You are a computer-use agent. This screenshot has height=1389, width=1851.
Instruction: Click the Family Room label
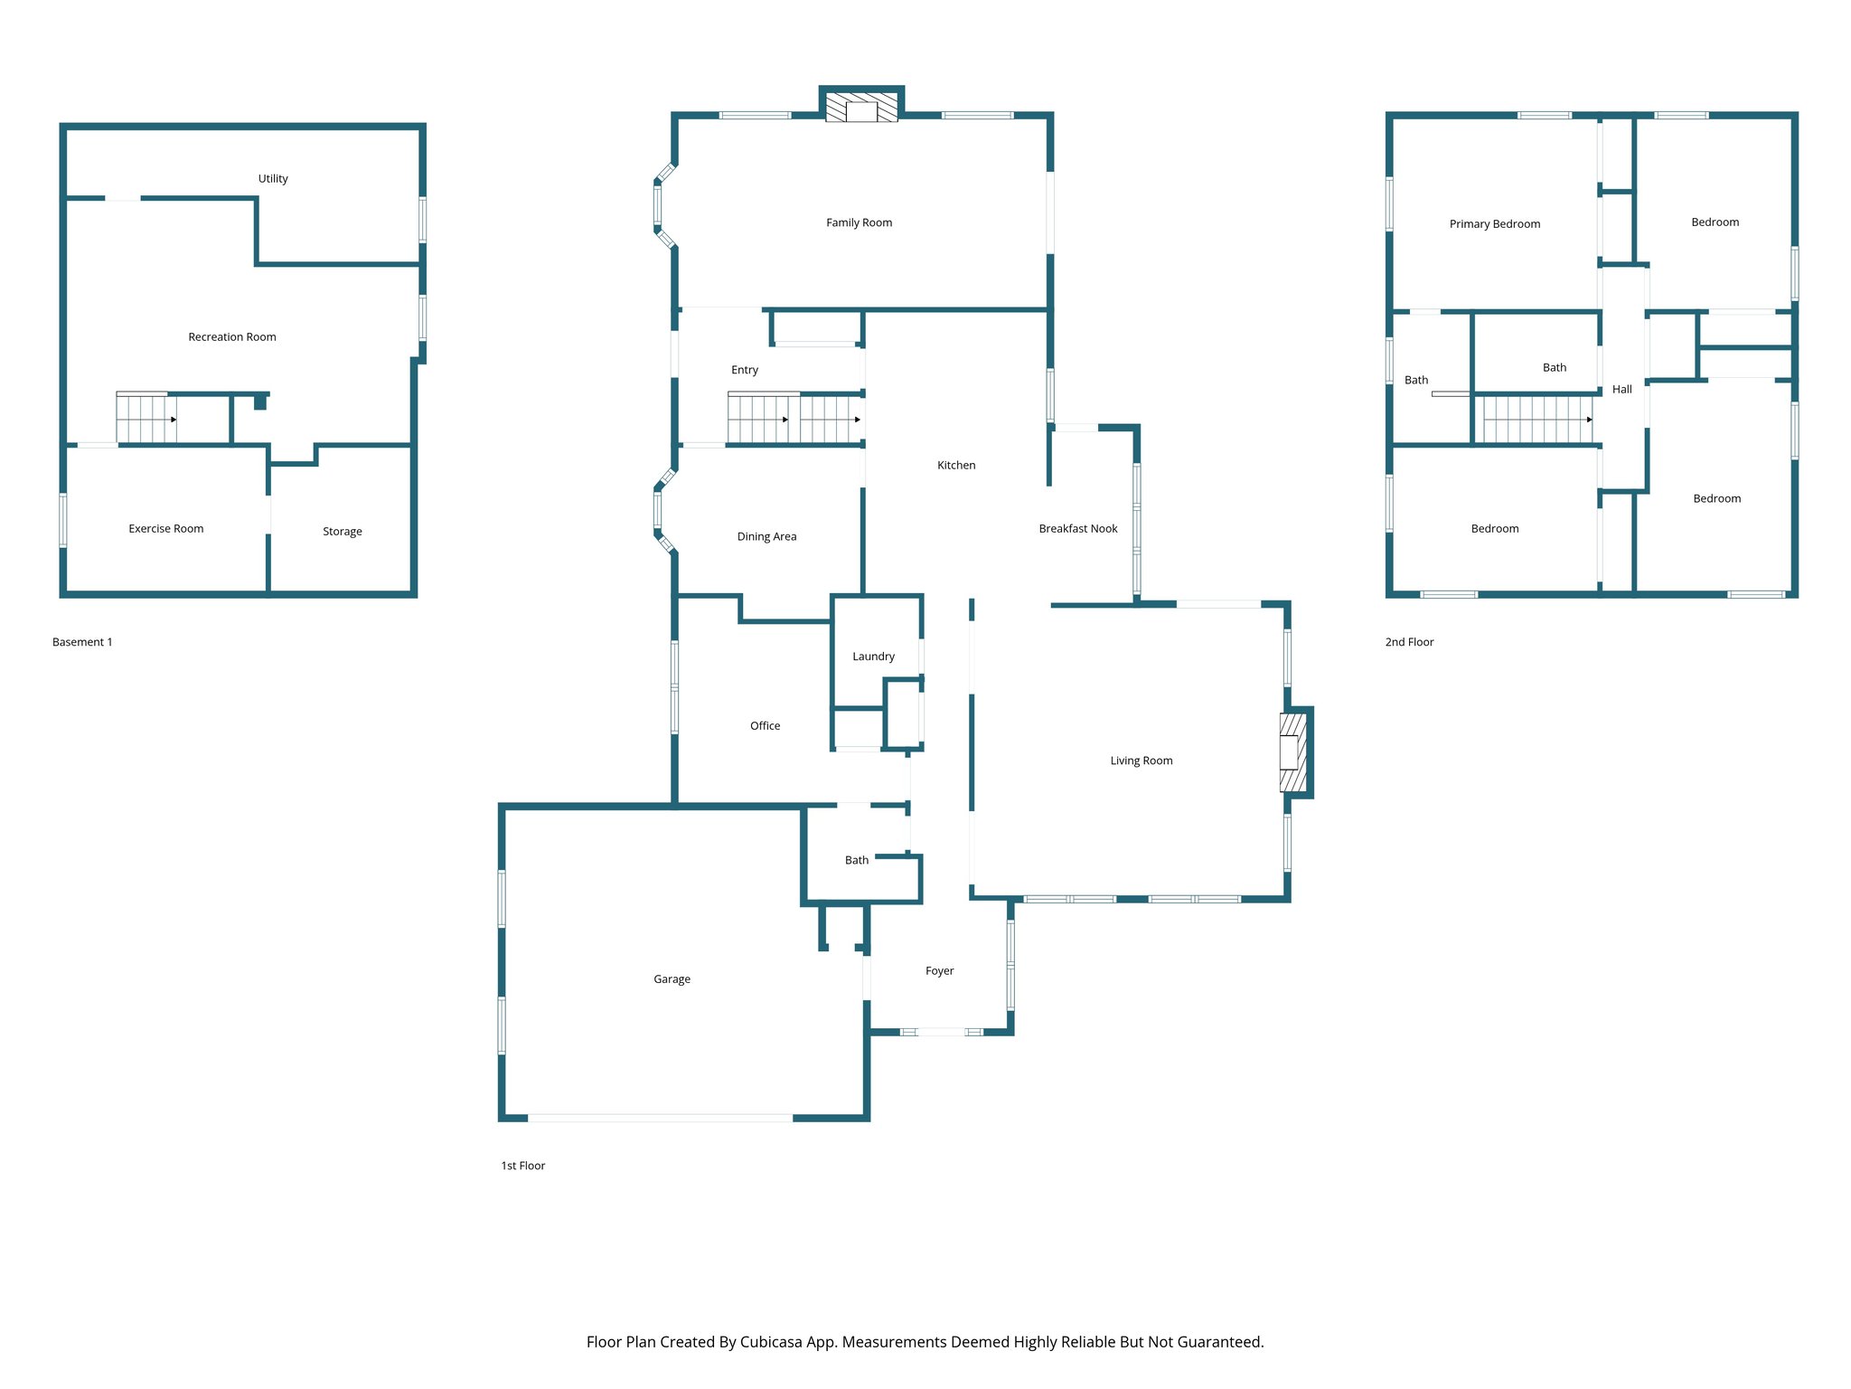click(859, 222)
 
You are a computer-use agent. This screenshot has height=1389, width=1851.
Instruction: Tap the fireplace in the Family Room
click(861, 108)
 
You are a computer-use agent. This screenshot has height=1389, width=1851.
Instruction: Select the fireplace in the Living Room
click(1293, 752)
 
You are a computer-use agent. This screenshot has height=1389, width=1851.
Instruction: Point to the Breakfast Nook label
click(1077, 529)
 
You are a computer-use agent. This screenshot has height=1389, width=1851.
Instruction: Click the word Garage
click(672, 979)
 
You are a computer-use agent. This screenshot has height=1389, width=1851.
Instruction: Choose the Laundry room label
click(873, 657)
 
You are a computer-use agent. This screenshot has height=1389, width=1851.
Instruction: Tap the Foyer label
click(939, 971)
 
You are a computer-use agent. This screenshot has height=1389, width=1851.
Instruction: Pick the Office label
click(765, 726)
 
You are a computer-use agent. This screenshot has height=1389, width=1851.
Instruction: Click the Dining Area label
click(766, 537)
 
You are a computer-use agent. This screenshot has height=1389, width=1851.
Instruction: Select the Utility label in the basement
click(273, 179)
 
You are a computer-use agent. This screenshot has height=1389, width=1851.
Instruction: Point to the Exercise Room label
click(165, 529)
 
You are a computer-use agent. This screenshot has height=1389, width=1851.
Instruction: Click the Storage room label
click(342, 532)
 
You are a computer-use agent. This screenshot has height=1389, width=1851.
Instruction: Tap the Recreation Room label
click(231, 337)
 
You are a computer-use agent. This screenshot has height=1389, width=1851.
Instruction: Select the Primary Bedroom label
click(1494, 224)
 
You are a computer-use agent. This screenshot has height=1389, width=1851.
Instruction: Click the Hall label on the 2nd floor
click(1621, 390)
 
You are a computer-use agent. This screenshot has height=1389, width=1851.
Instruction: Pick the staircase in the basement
click(146, 419)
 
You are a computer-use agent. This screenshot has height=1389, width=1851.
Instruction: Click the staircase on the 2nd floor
click(1536, 420)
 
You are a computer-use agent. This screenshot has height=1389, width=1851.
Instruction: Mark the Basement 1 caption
click(82, 642)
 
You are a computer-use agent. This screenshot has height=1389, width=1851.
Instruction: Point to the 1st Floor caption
click(522, 1166)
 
